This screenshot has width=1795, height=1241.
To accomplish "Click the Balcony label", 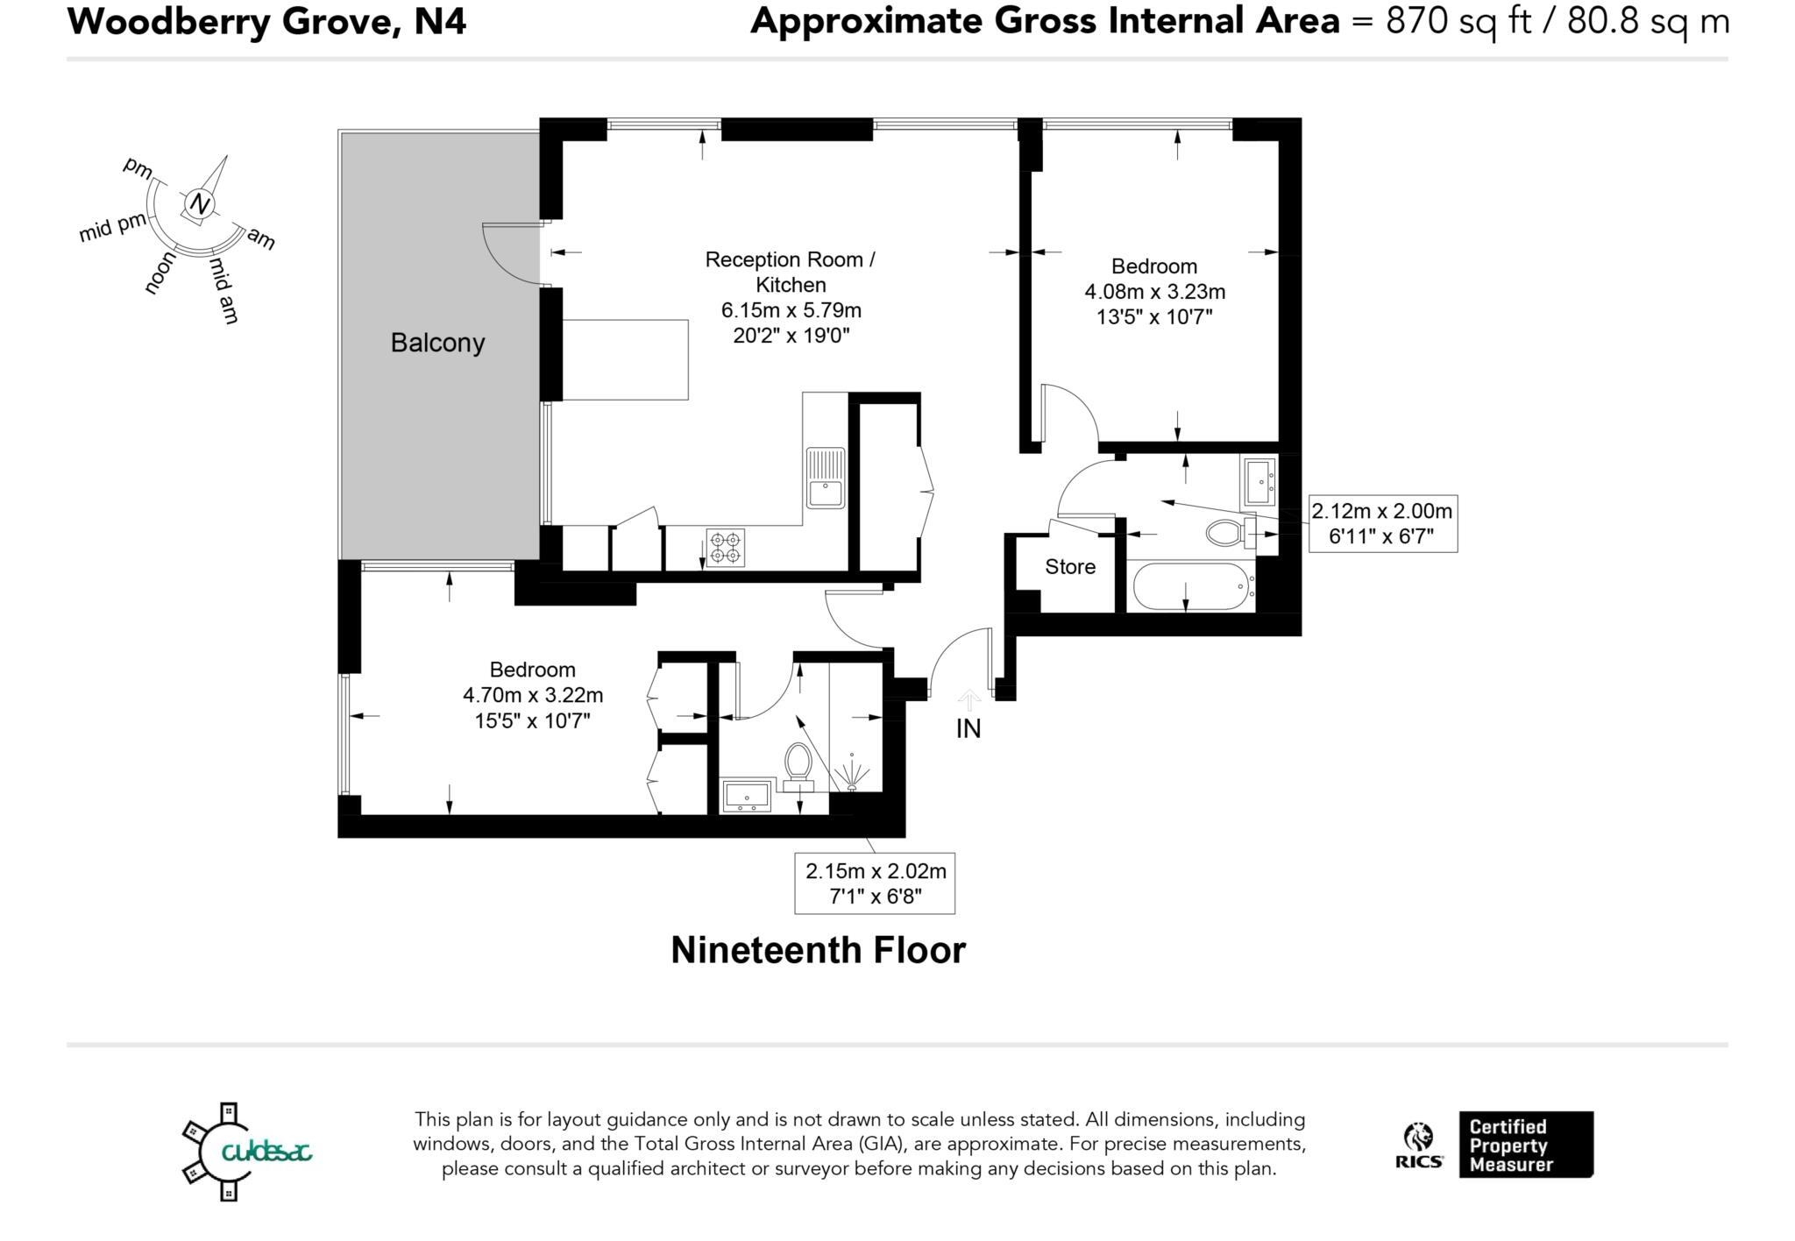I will pos(437,343).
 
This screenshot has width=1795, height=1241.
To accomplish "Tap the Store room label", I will pos(1070,567).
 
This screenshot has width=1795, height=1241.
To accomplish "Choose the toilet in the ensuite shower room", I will pos(798,765).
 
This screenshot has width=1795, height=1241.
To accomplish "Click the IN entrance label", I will pos(968,728).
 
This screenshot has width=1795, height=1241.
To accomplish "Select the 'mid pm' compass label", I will pos(112,228).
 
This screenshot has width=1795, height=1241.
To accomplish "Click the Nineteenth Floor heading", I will pos(818,951).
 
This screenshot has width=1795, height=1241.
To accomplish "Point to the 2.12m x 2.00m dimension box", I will pos(1382,523).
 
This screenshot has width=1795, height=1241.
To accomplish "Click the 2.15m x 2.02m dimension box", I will pos(876,883).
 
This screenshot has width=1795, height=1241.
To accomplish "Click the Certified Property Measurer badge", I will pos(1526,1145).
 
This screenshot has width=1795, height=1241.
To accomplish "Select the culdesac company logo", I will pos(247,1151).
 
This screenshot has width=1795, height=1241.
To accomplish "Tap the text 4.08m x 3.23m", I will pos(1154,291).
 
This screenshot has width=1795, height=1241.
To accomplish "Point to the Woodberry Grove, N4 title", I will pos(266,20).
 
